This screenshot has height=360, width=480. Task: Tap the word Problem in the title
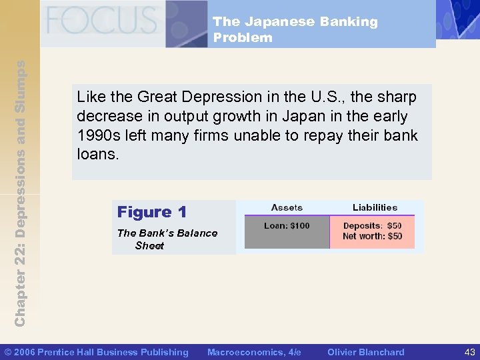(243, 37)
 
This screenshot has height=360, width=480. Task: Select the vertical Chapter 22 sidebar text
(20, 193)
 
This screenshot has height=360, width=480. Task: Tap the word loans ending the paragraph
(97, 154)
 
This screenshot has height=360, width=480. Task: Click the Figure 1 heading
(151, 212)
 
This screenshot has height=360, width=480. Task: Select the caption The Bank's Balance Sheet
(167, 239)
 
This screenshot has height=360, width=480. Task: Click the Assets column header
(287, 207)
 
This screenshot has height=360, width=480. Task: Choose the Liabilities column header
(375, 207)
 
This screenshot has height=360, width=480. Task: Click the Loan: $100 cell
(287, 225)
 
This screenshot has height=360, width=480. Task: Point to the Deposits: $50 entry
(372, 226)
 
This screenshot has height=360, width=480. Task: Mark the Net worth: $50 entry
(372, 236)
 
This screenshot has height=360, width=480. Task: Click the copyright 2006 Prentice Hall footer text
(97, 352)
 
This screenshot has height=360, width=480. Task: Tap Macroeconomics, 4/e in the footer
(254, 352)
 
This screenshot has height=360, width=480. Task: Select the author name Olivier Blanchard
(365, 352)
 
